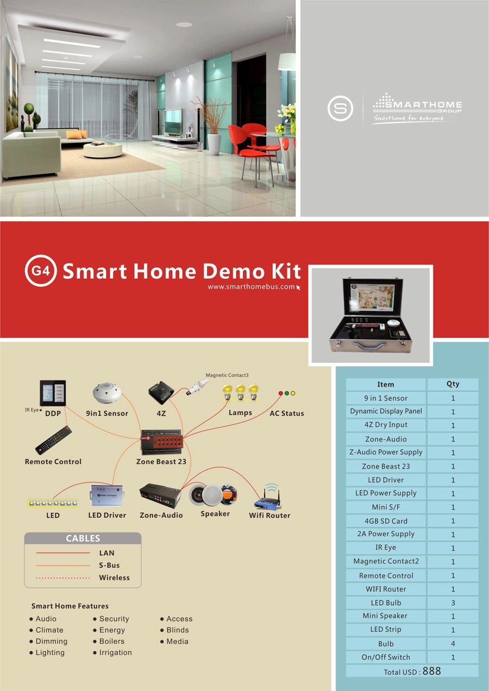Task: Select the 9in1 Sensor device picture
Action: pyautogui.click(x=107, y=394)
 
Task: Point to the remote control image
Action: pyautogui.click(x=53, y=440)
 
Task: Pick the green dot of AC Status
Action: pyautogui.click(x=286, y=393)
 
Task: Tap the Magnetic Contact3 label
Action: pyautogui.click(x=227, y=375)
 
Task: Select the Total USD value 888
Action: pyautogui.click(x=431, y=671)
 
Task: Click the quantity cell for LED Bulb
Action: pyautogui.click(x=453, y=603)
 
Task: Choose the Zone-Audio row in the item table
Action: pyautogui.click(x=386, y=439)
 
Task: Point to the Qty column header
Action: pyautogui.click(x=453, y=384)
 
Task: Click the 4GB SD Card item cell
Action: pyautogui.click(x=386, y=521)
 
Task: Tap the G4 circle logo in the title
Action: pyautogui.click(x=41, y=270)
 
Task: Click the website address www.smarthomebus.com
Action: pyautogui.click(x=251, y=287)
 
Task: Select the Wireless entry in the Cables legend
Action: pyautogui.click(x=114, y=577)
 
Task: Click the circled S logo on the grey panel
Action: pyautogui.click(x=340, y=108)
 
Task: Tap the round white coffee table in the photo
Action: pyautogui.click(x=103, y=149)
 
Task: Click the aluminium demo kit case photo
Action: pyautogui.click(x=371, y=315)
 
